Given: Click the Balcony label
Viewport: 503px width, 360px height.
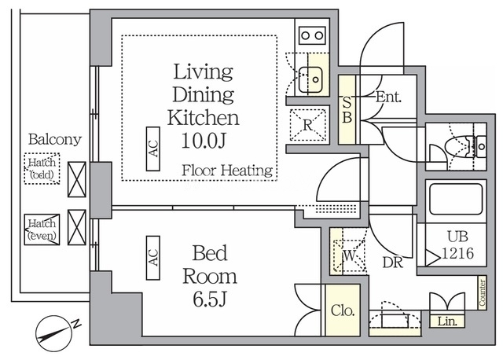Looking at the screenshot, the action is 54,139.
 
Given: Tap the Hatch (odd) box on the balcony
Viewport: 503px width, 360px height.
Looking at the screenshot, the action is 42,168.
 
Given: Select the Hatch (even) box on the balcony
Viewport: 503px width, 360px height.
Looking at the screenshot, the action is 42,230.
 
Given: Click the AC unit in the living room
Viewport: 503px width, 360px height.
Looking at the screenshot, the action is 153,149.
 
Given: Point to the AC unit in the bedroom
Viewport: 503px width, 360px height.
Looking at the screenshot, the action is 153,258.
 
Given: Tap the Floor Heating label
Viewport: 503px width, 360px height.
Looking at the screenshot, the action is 227,170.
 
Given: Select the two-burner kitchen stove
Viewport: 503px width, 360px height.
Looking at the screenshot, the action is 312,35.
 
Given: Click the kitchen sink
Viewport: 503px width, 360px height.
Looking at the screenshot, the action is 310,79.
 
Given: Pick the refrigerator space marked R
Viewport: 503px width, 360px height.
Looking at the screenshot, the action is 308,125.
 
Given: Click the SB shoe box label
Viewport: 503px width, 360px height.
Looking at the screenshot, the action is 347,109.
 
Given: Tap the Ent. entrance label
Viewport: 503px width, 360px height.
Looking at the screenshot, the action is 388,97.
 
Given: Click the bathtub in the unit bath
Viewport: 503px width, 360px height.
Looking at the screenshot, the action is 456,199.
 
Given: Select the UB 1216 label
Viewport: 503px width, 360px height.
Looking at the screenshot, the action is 457,245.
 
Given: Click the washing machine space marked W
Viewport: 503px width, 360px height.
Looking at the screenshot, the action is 350,255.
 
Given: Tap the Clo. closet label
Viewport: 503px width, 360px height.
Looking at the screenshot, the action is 343,310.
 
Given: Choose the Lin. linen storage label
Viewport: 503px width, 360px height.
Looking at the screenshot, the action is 447,321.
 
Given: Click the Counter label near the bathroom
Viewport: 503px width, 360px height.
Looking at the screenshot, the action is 482,292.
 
